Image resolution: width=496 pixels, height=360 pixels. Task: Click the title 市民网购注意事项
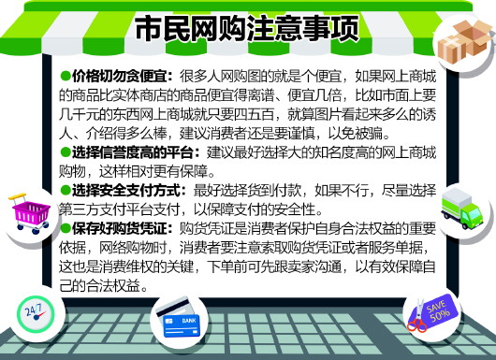[247, 28]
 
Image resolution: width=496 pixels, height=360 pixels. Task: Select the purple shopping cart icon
[31, 213]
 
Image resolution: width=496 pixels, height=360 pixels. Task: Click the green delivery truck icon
[461, 209]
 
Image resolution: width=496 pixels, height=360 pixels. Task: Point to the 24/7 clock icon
[36, 314]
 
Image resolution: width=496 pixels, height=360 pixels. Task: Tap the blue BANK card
[182, 325]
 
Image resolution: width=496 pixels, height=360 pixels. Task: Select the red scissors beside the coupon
[417, 317]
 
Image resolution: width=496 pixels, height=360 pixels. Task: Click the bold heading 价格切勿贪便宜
[120, 76]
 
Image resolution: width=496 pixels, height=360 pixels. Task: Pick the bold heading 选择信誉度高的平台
[133, 152]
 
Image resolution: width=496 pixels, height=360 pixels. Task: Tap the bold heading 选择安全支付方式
[126, 191]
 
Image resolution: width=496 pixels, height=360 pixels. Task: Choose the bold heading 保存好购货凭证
[120, 228]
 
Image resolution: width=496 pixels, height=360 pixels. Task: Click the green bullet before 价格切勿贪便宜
[66, 76]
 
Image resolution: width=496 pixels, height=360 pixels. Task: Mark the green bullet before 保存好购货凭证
[66, 228]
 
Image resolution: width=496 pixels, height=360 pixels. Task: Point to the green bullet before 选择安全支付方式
[66, 190]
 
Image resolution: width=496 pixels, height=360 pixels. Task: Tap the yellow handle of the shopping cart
[18, 196]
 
